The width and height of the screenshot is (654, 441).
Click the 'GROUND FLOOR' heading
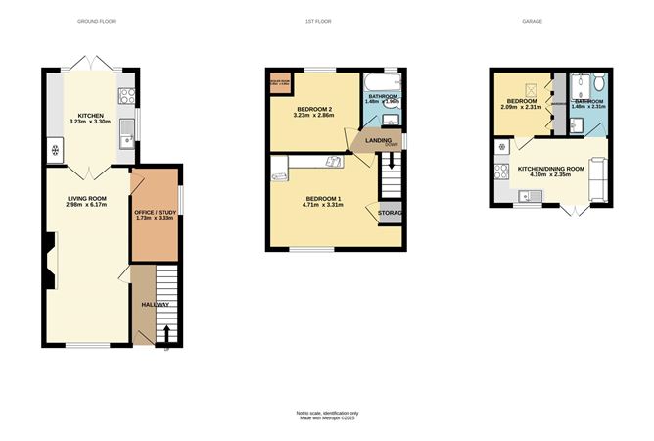(96, 20)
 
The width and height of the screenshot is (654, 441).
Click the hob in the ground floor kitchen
(126, 95)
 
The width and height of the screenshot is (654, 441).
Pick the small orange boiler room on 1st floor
(279, 82)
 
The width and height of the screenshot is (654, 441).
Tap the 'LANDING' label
(379, 140)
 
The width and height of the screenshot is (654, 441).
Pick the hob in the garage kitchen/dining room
(502, 172)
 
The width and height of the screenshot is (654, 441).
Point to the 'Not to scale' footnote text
(327, 412)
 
